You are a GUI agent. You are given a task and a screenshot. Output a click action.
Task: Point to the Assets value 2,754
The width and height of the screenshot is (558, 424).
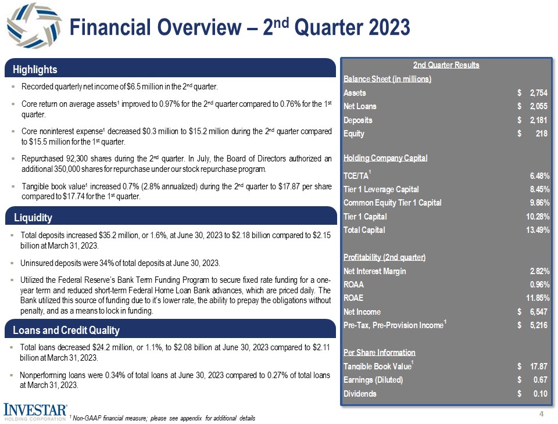538,93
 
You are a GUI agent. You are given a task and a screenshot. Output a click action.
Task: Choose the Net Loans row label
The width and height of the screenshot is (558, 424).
360,106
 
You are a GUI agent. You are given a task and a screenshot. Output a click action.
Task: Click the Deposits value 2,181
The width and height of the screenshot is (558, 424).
538,120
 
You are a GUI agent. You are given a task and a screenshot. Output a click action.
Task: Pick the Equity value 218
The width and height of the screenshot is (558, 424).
542,134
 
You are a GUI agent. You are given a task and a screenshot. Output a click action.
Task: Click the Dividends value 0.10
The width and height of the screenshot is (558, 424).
540,393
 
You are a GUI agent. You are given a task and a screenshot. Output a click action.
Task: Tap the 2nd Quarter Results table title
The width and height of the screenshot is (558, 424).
446,65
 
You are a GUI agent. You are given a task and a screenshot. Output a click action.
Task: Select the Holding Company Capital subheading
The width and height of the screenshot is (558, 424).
385,158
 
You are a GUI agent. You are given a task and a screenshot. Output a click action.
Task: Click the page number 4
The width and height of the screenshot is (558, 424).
541,414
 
